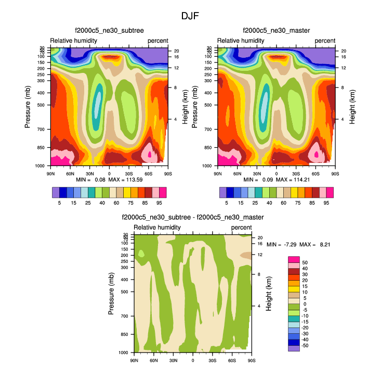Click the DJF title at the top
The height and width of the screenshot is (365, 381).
[190, 16]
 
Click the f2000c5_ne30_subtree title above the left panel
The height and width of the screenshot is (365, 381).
[109, 31]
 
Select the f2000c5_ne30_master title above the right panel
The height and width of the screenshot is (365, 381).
[276, 31]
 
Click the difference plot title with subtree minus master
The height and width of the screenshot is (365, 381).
[193, 217]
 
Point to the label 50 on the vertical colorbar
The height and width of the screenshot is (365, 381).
[305, 263]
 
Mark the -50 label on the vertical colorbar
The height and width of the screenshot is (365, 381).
[305, 345]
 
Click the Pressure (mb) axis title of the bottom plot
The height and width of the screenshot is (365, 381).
[111, 293]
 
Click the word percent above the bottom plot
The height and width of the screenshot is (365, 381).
[241, 228]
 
